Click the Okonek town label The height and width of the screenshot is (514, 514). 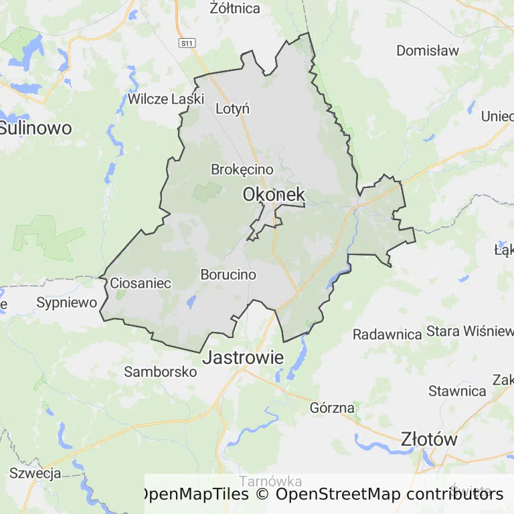coord(274,195)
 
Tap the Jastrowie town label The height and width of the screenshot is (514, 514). coord(243,357)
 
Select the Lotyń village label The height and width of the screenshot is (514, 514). coord(233,108)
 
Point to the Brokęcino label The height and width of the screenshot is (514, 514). coord(242,169)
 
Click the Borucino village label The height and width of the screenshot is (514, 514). coord(228,274)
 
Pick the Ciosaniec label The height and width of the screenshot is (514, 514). coord(141,283)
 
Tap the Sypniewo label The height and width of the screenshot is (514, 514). coord(66,303)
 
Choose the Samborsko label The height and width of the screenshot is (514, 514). coord(161,372)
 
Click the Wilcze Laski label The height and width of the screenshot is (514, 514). coord(165,99)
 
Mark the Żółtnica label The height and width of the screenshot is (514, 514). coord(235,9)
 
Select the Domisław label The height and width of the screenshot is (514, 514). coord(428,50)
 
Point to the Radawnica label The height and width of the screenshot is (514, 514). coord(388,334)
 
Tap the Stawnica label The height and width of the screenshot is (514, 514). coord(457,391)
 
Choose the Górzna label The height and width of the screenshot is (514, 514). coord(333,407)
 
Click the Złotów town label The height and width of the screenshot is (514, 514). coord(429,440)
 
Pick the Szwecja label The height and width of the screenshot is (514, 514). coord(35,473)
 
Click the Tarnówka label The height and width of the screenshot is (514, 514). coord(270,481)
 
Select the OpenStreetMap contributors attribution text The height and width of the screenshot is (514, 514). coord(389,495)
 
